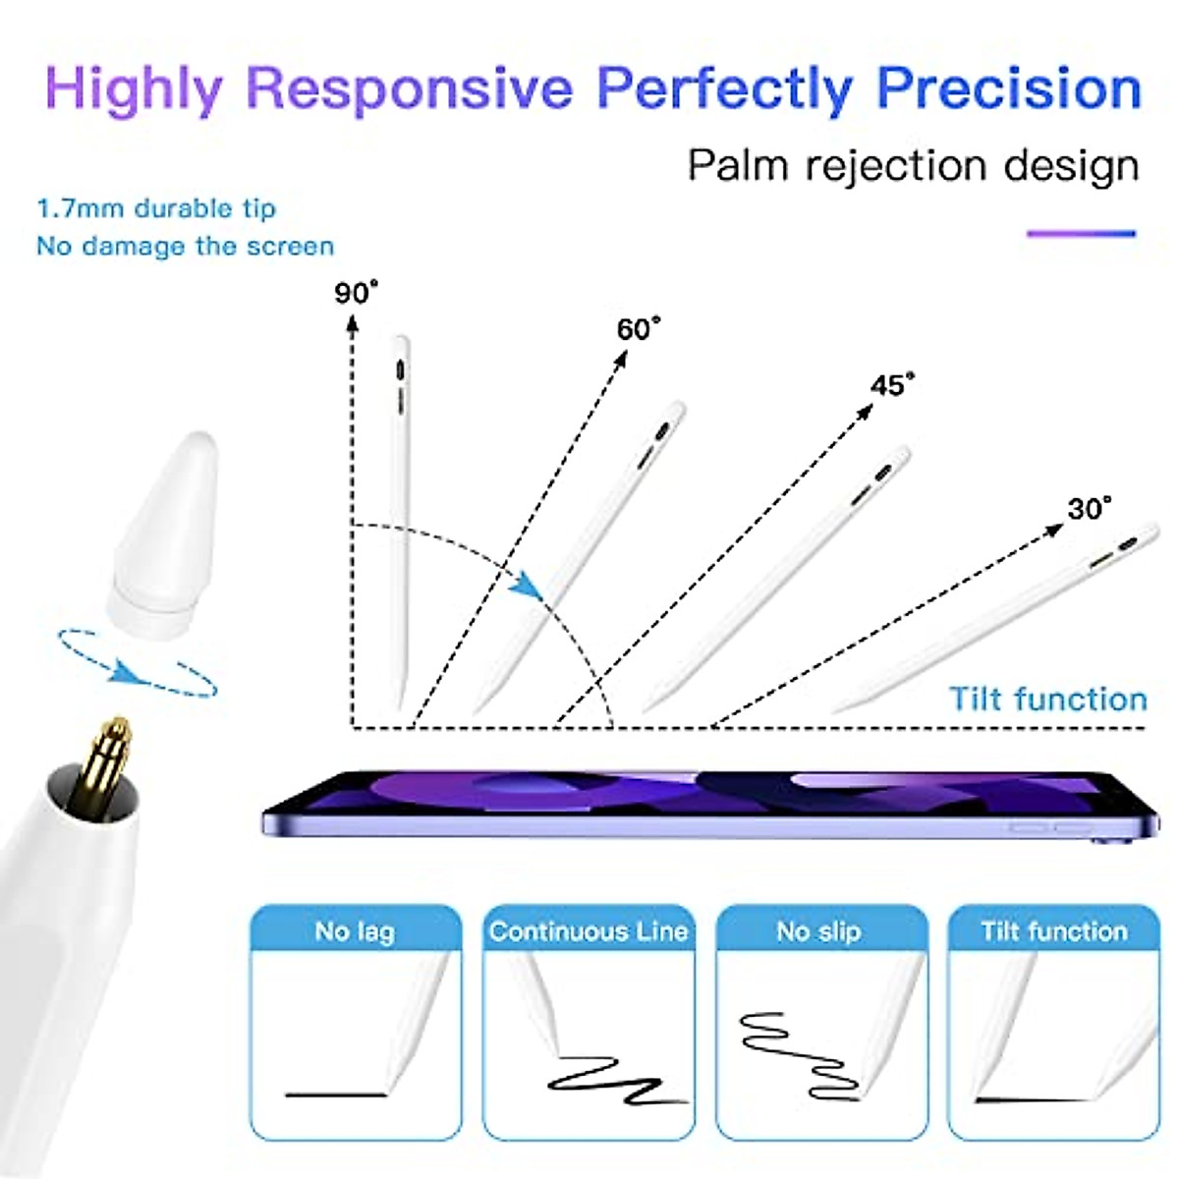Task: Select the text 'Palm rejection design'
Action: pos(913,165)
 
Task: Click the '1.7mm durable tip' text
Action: pos(156,208)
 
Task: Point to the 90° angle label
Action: pos(356,293)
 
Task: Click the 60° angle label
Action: pos(639,328)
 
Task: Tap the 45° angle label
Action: pos(892,384)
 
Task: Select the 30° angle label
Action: pos(1090,508)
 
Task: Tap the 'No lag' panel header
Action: pos(355,930)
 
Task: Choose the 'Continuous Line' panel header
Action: pos(589,930)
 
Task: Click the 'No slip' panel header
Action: pos(818,930)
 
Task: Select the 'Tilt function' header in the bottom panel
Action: pos(1053,930)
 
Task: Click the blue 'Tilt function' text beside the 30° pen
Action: pos(1047,699)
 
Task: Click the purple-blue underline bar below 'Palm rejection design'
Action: pos(1081,234)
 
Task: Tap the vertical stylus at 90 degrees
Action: pos(400,521)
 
